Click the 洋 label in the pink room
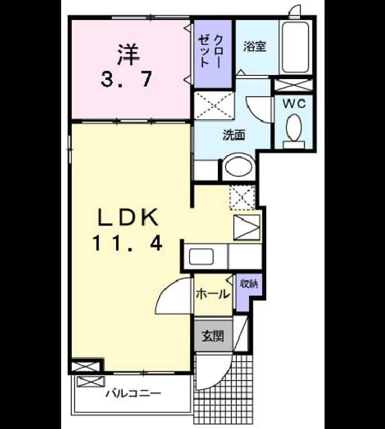(128, 55)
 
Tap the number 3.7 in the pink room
(126, 79)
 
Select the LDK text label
(128, 217)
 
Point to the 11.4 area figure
(127, 243)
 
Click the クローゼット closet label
(211, 51)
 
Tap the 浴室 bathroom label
(255, 46)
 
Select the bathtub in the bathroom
(296, 47)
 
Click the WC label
(294, 104)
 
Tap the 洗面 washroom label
(233, 135)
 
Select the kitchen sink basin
(201, 256)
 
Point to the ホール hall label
(213, 294)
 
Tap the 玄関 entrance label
(213, 336)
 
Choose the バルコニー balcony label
(133, 394)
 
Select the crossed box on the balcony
(91, 381)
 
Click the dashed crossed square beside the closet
(214, 106)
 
